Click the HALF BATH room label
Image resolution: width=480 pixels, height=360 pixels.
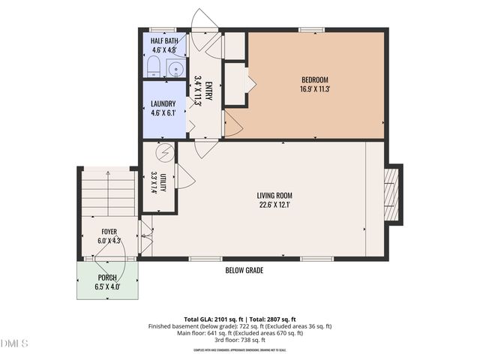point(163,41)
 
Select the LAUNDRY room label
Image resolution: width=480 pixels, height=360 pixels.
point(163,103)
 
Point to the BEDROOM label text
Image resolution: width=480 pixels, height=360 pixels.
point(315,79)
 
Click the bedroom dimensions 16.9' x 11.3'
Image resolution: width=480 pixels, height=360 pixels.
point(315,88)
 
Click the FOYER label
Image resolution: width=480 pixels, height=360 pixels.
point(109,232)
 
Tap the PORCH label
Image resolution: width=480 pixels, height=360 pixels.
point(108,277)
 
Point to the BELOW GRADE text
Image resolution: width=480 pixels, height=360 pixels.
point(244,270)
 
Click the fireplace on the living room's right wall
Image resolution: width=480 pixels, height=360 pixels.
point(393,195)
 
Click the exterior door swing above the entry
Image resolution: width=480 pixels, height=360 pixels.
point(203,20)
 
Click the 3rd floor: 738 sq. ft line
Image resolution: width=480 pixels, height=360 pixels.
point(240,340)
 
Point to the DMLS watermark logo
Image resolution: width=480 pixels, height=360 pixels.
point(14,343)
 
